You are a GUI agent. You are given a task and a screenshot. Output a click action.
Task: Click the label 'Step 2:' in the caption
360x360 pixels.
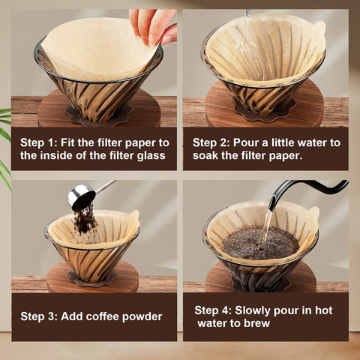213,142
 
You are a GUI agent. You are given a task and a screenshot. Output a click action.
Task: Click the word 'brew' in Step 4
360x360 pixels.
255,324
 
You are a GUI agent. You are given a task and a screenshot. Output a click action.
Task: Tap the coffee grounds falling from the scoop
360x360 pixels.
84,220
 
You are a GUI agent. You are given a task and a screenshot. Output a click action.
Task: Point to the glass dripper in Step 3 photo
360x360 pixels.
91,262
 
